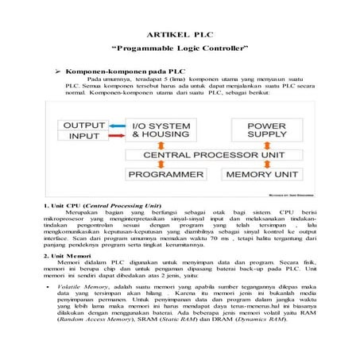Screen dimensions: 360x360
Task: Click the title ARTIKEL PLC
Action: click(x=180, y=36)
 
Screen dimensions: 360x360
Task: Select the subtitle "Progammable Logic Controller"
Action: click(x=180, y=50)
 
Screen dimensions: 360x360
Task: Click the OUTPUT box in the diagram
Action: click(x=83, y=126)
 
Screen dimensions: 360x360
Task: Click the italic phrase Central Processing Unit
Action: click(x=130, y=204)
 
